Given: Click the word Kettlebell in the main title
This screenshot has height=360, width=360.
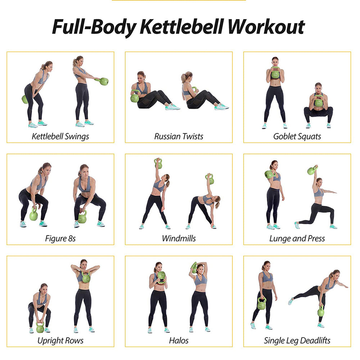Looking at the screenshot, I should coord(182,27).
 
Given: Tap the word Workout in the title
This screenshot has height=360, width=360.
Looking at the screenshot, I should coord(266,27).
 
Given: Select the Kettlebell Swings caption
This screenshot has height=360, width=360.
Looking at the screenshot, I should coord(60,136).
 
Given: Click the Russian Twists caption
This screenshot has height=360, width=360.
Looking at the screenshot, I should coord(179,136).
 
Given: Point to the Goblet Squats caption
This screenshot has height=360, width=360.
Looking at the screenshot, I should coord(297,136).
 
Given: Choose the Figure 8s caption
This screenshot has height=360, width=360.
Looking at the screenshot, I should coord(60,238).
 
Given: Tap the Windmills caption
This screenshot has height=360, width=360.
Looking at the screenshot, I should coord(179,238).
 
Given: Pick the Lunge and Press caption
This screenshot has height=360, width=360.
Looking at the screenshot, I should coord(297,238).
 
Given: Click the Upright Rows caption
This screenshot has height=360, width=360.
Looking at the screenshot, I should coord(60,341).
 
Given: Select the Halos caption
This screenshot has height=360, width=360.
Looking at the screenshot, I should coord(179,341).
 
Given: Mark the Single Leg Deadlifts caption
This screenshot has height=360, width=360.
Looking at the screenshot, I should coord(297,341).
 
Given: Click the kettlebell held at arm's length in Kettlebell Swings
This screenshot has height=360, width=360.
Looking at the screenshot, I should coord(104,81).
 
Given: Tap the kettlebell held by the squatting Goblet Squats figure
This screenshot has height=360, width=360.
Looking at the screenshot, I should coord(318,102).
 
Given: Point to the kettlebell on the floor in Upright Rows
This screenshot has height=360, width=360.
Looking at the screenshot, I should coord(40,328).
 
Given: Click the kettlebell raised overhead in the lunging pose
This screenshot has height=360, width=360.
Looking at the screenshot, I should coord(312,170).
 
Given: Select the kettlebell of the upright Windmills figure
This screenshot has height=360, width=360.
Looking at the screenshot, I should coord(158,164).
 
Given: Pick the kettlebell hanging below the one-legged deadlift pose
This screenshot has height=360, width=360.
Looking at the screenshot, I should coord(321,311).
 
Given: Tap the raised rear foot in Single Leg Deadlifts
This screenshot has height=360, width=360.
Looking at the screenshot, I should coord(291,301).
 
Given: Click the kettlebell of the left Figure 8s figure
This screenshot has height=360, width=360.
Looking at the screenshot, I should coord(33,215).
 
